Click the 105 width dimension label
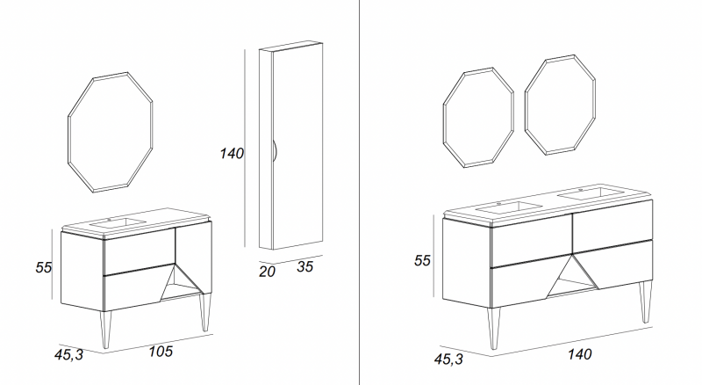(x=161, y=351)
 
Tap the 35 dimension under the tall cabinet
(x=304, y=266)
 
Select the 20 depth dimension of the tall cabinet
(x=267, y=272)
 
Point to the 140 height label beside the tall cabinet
(x=232, y=154)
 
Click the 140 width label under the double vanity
(x=579, y=354)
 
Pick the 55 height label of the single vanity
(x=44, y=267)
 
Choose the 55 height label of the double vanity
(x=422, y=261)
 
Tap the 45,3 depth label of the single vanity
(x=69, y=354)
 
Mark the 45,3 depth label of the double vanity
(x=448, y=359)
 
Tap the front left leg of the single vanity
(x=105, y=330)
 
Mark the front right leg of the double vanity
(x=645, y=301)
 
